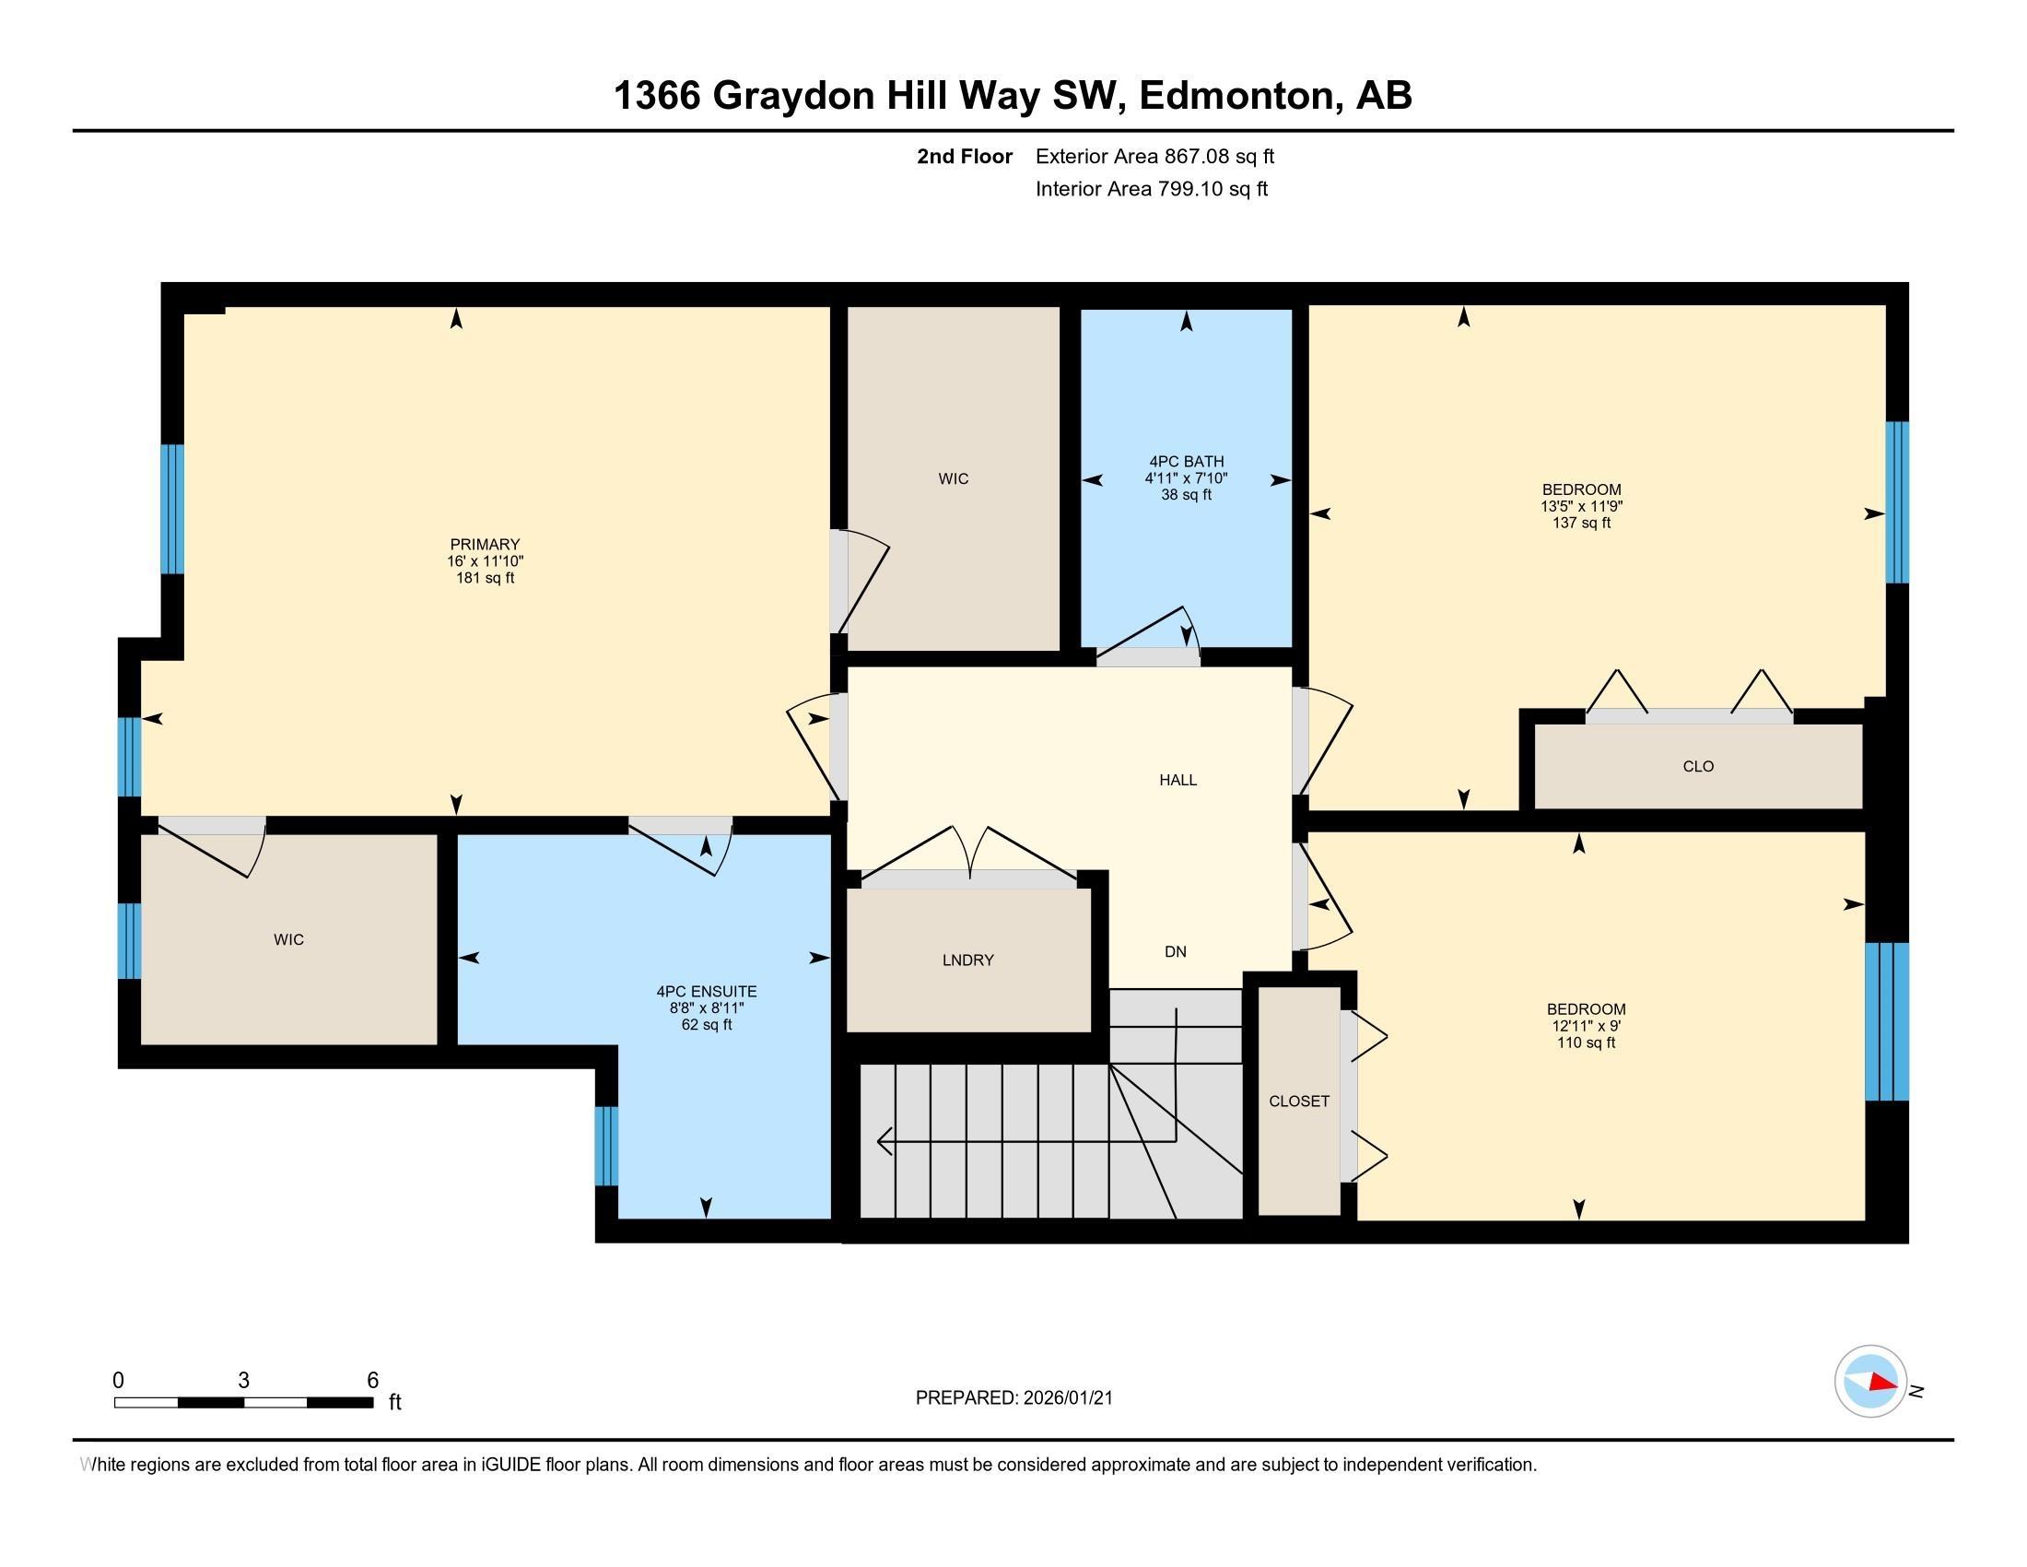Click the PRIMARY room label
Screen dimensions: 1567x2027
click(x=485, y=545)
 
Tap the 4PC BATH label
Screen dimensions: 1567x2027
click(x=1186, y=462)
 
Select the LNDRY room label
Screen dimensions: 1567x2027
click(x=968, y=960)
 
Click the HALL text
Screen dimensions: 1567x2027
click(x=1178, y=780)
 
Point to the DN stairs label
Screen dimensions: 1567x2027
click(x=1175, y=951)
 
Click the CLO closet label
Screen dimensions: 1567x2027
click(x=1697, y=766)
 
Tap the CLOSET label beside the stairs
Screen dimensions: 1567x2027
click(x=1298, y=1101)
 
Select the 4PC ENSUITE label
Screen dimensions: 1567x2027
click(x=707, y=992)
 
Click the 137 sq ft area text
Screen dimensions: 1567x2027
click(x=1580, y=524)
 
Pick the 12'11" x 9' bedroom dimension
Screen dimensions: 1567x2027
click(x=1586, y=1026)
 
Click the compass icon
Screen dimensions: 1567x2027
click(x=1869, y=1382)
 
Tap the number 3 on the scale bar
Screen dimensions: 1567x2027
click(x=243, y=1381)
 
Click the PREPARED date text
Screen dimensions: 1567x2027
click(x=1013, y=1398)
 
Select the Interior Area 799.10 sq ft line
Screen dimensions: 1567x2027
click(x=1151, y=189)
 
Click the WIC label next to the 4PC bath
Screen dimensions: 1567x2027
click(x=954, y=479)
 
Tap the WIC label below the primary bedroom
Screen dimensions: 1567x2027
click(x=288, y=939)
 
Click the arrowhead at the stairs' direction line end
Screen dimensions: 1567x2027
click(x=884, y=1141)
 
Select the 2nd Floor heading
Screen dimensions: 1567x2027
click(x=965, y=157)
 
